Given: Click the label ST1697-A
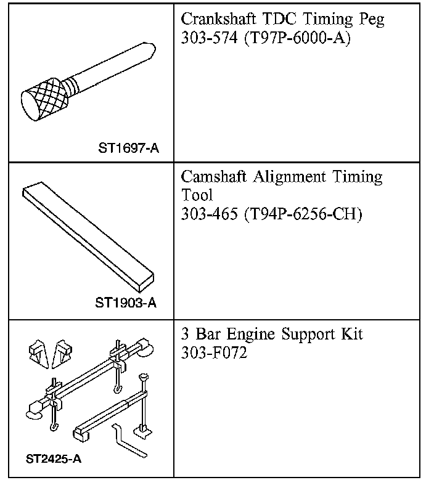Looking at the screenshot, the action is tap(128, 148).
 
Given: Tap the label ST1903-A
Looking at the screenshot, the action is tap(126, 303).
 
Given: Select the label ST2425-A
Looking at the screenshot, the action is tap(54, 458).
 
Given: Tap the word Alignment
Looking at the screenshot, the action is tap(292, 177).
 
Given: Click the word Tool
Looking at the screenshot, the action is tap(196, 195).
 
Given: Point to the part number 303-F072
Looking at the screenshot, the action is tap(214, 354).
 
